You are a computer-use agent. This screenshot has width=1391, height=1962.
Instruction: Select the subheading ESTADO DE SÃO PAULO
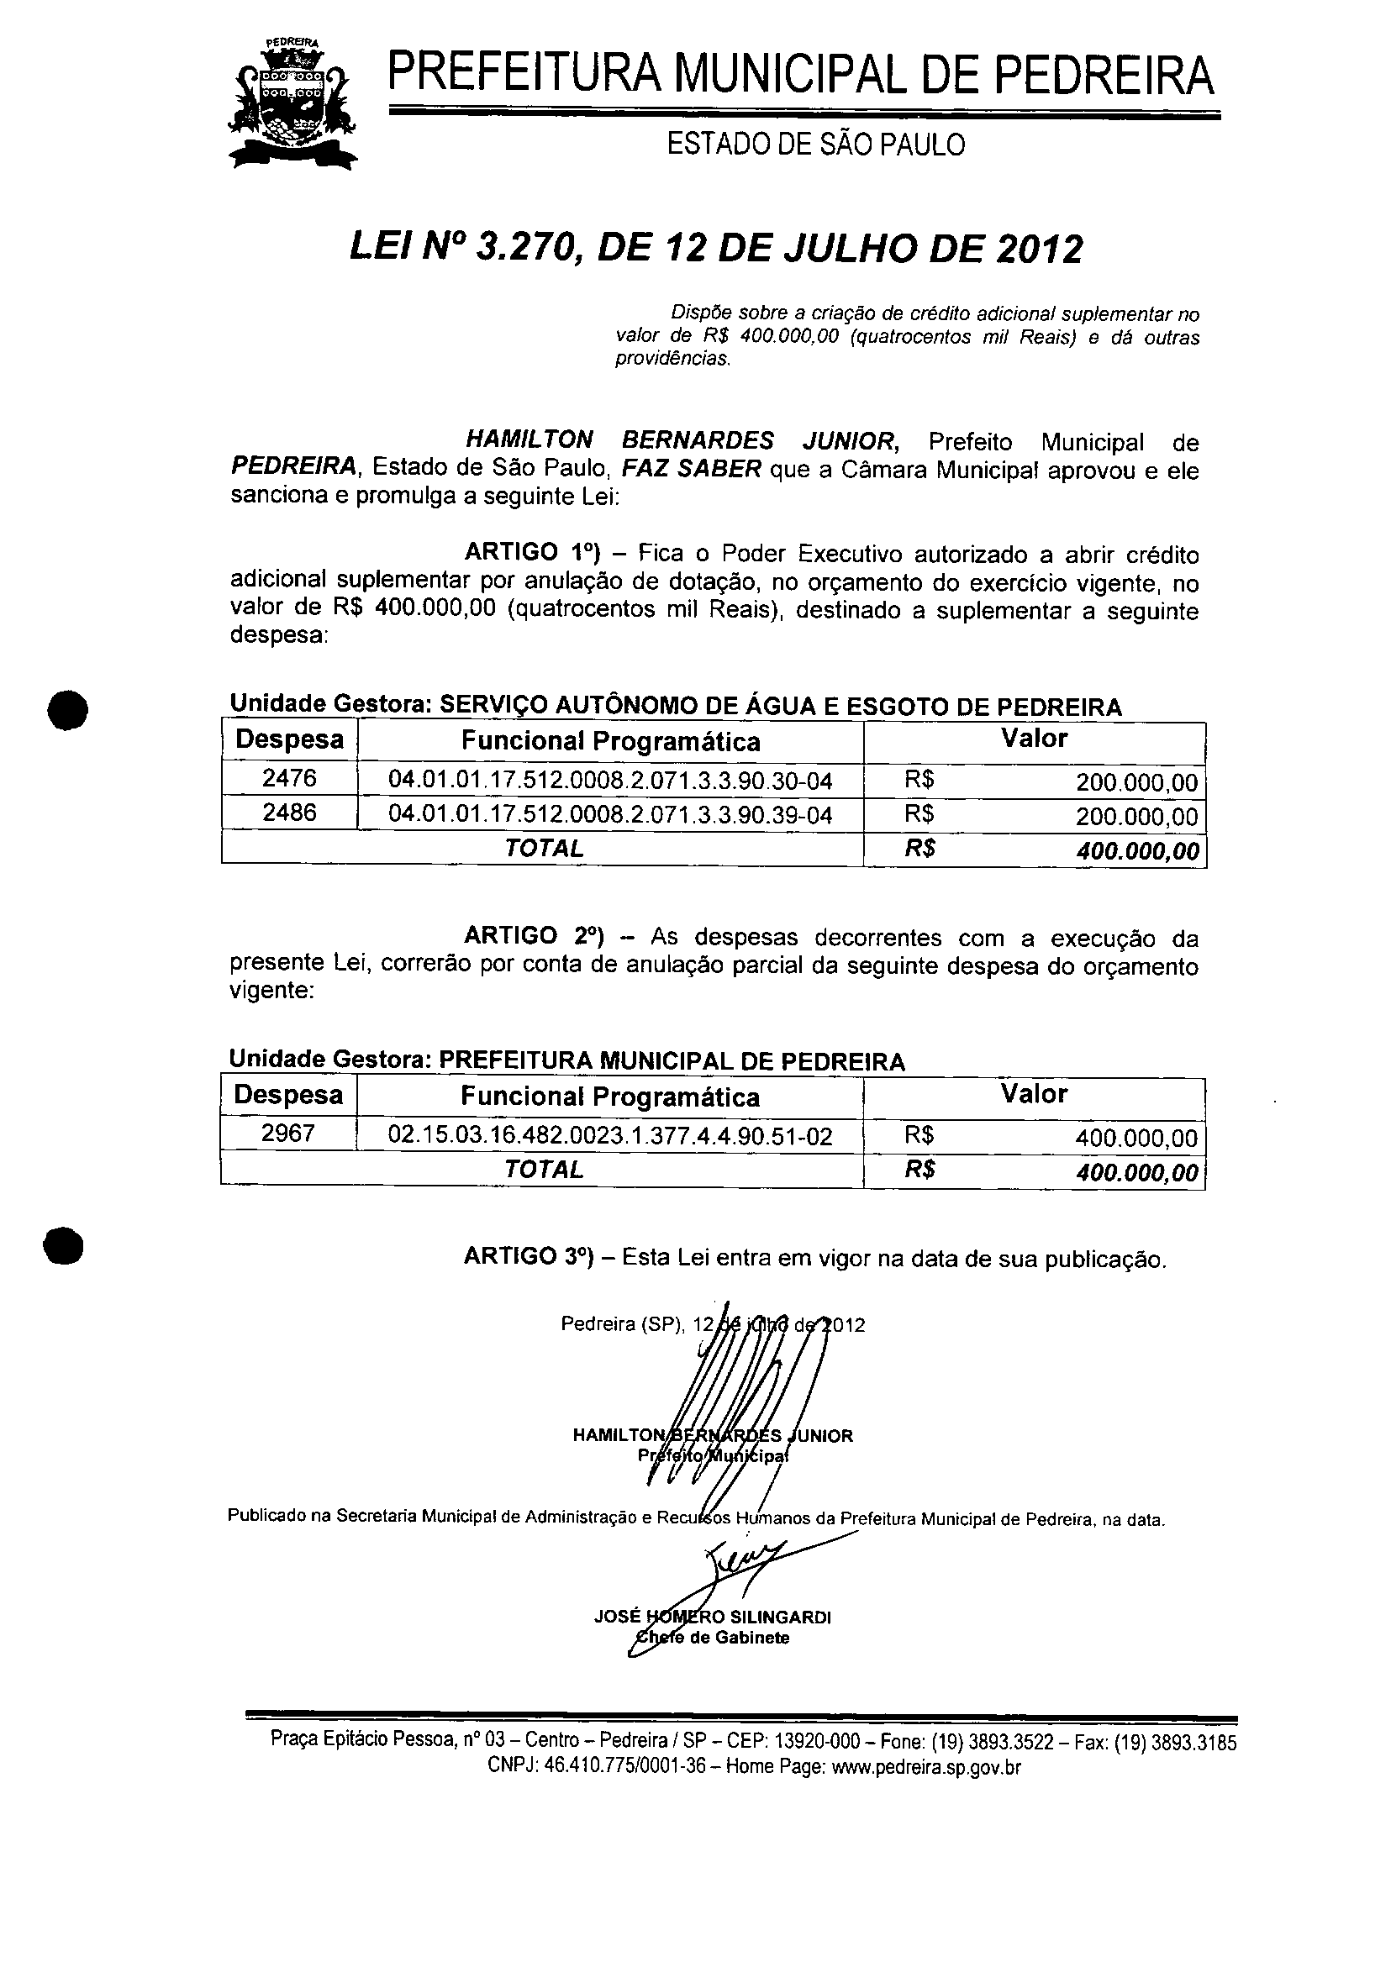815,144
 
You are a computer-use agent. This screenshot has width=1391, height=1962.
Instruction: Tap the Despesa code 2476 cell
289,777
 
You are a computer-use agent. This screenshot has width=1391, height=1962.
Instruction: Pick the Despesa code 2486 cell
289,812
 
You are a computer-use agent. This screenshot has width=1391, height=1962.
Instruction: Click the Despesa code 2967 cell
287,1134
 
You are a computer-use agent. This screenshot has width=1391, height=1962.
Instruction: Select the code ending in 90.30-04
610,780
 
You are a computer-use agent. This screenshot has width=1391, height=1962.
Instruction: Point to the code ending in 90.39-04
610,813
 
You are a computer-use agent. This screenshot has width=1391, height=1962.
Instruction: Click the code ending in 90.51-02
610,1135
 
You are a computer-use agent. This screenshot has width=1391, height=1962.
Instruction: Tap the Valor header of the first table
1034,739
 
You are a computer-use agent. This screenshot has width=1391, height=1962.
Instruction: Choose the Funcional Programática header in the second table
610,1097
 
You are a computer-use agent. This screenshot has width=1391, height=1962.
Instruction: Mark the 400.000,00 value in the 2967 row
1136,1138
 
